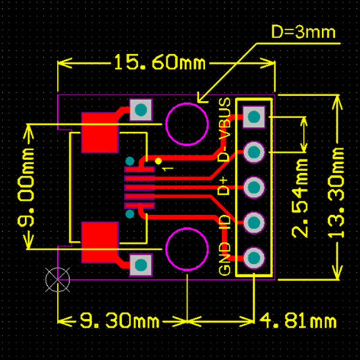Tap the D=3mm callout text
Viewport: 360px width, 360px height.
point(304,32)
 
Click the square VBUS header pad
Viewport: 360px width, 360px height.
point(254,117)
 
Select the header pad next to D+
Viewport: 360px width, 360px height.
point(254,187)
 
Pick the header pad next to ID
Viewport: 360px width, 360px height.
point(254,222)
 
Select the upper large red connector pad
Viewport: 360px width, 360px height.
point(100,133)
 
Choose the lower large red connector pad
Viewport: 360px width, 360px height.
point(100,242)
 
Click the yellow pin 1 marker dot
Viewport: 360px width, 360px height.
point(158,161)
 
